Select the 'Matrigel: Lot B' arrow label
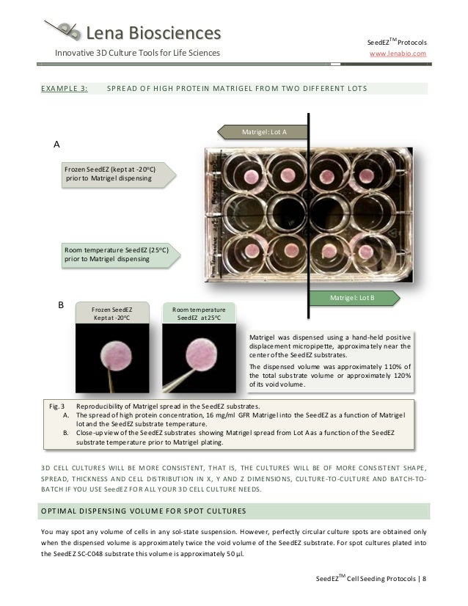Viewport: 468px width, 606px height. [x=352, y=299]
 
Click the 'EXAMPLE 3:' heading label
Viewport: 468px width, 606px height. [x=66, y=90]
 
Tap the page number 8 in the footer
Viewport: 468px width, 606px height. [x=424, y=580]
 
